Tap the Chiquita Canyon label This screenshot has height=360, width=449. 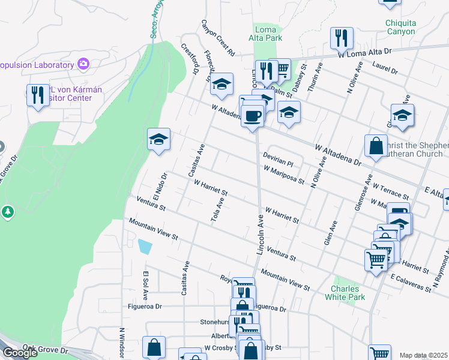400,28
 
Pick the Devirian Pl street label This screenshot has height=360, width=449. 277,158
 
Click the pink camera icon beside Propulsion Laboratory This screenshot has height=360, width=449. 83,64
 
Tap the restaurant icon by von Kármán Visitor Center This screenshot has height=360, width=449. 38,94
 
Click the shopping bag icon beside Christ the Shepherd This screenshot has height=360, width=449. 375,146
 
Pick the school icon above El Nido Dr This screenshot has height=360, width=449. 158,139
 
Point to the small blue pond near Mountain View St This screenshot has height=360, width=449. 145,246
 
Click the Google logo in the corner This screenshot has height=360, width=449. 20,353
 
